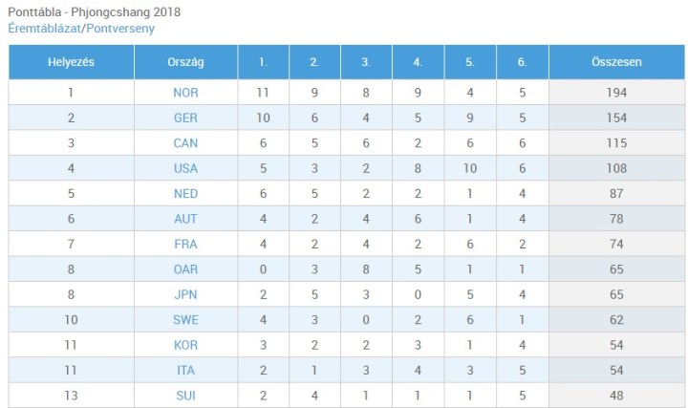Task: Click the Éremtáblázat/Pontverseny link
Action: pos(80,29)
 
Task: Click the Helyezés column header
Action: pos(71,62)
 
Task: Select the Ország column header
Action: pos(185,62)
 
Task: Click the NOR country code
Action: pos(185,93)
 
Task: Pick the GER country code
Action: pos(185,118)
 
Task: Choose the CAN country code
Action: pos(185,143)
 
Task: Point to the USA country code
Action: pos(185,168)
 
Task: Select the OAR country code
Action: pos(185,269)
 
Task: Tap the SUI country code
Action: pos(185,396)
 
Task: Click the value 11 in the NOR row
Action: pos(264,93)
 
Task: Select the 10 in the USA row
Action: pos(470,168)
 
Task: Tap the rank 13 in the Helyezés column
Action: pos(71,396)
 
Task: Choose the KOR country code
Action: pos(185,345)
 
